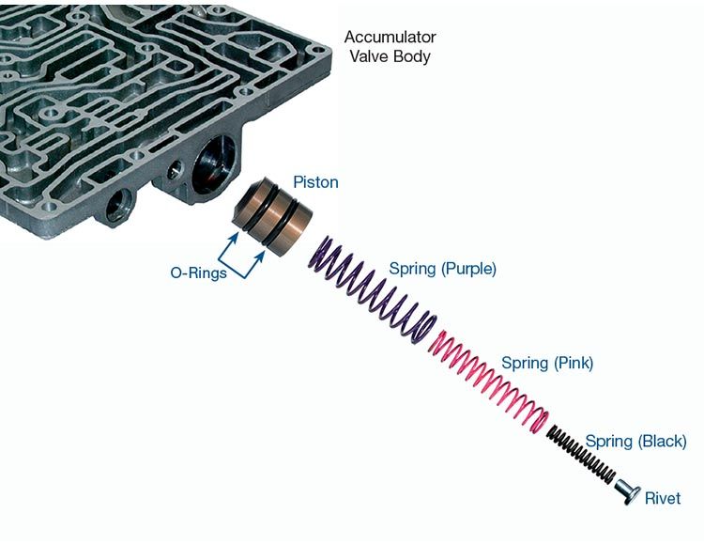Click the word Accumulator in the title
[390, 38]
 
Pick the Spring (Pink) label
[547, 362]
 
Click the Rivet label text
[663, 498]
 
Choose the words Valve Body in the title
[390, 56]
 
